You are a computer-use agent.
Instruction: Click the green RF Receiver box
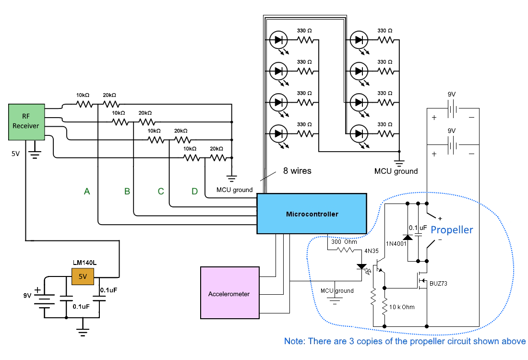26,122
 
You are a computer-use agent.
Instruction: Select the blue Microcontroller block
312,214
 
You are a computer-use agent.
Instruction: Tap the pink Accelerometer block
229,293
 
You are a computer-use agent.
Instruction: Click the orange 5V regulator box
83,277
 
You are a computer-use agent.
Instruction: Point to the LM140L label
83,262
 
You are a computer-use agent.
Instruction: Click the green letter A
87,192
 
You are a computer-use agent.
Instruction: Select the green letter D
194,192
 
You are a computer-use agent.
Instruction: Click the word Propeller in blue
452,229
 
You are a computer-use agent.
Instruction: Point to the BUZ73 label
438,284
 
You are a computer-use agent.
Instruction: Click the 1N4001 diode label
396,244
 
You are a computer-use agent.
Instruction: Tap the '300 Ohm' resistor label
344,241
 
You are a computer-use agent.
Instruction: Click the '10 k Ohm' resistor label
402,307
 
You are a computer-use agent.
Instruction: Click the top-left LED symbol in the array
278,40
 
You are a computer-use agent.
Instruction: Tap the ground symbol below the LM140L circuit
83,331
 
